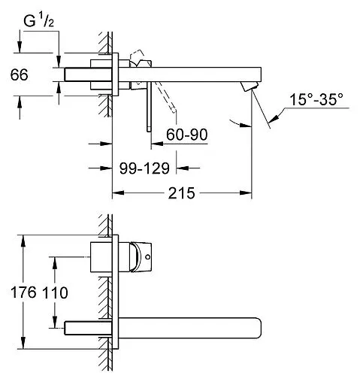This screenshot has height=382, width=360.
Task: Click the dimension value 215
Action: coord(181,194)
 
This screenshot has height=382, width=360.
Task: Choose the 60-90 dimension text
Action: coord(186,135)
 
